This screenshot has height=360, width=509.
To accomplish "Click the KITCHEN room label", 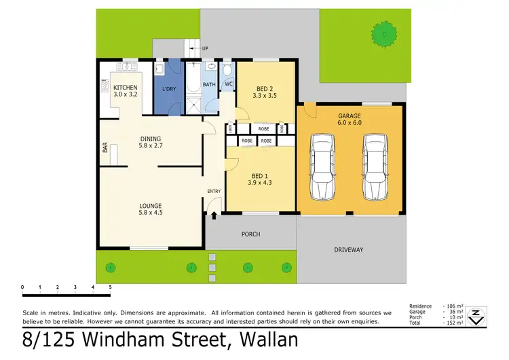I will pyautogui.click(x=126, y=88).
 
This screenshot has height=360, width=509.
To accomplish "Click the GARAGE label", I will pyautogui.click(x=350, y=115).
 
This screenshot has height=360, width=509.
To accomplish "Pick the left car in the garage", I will pyautogui.click(x=323, y=166).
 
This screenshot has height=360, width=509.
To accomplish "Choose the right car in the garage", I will pyautogui.click(x=374, y=166).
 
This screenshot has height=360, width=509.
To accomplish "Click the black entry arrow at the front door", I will pyautogui.click(x=214, y=216).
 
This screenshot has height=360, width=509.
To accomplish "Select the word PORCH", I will pyautogui.click(x=250, y=234).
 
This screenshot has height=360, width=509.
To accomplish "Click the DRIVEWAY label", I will pyautogui.click(x=349, y=250).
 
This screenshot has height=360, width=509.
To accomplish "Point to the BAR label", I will pyautogui.click(x=105, y=147).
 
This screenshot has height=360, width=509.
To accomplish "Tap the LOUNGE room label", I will pyautogui.click(x=151, y=206).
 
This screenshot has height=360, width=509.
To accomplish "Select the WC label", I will pyautogui.click(x=229, y=84).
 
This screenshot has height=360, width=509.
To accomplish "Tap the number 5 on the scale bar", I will pyautogui.click(x=110, y=287).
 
